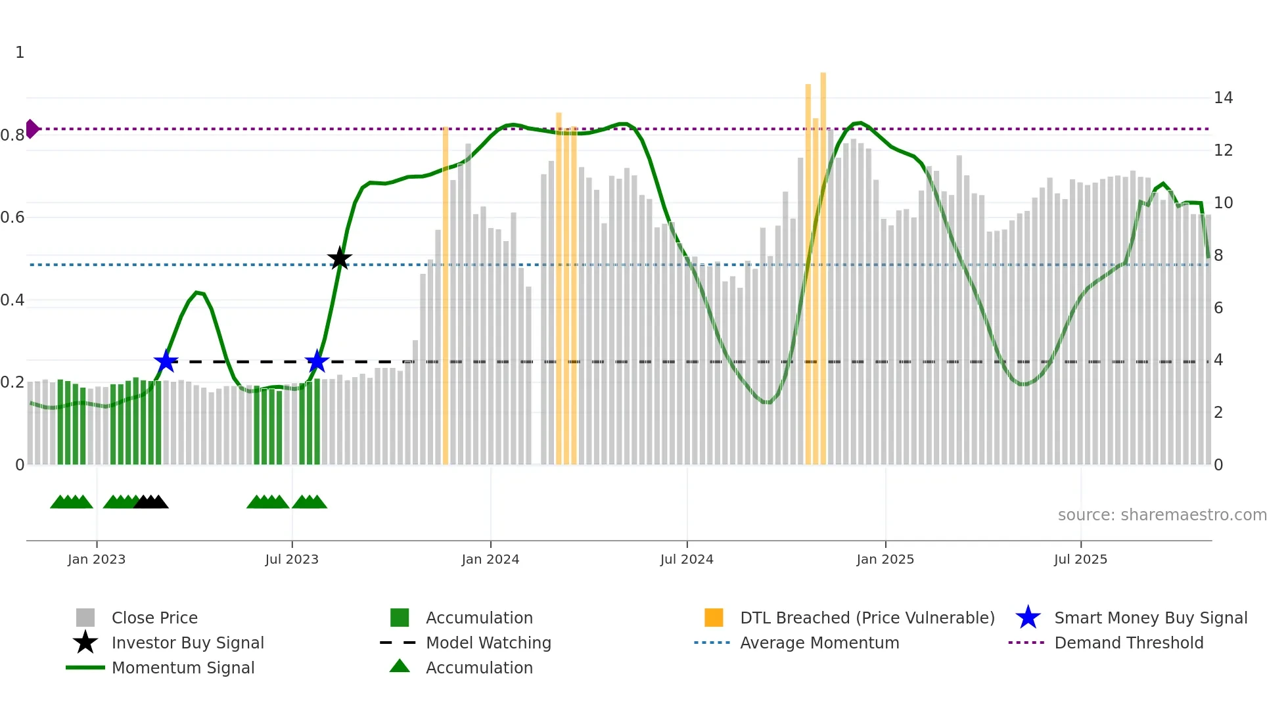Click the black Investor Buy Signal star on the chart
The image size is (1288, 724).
[x=340, y=259]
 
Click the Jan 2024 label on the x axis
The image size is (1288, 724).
[x=490, y=559]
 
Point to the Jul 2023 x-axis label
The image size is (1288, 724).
[x=292, y=559]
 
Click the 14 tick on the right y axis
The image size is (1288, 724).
[x=1223, y=98]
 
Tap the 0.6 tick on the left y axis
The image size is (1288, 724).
[x=12, y=217]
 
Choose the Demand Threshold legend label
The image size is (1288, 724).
[x=1128, y=643]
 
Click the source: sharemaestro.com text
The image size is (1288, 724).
[x=1162, y=514]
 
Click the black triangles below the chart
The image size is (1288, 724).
[x=151, y=502]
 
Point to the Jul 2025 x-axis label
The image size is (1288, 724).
[x=1080, y=559]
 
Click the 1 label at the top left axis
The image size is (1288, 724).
[x=20, y=53]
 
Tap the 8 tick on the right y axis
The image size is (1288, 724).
[x=1218, y=256]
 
